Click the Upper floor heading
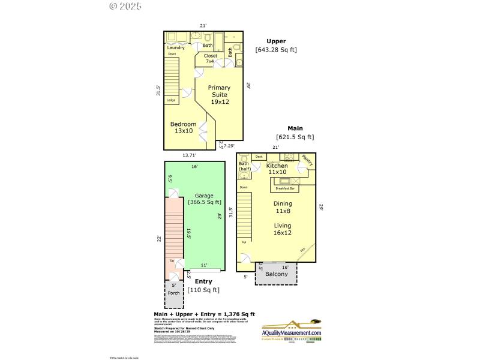click(276, 41)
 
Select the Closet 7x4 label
click(211, 58)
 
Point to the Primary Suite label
click(219, 95)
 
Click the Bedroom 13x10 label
click(183, 127)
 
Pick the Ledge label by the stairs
click(171, 100)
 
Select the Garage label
click(204, 199)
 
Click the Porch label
click(173, 293)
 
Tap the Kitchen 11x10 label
click(278, 169)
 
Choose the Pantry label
click(307, 160)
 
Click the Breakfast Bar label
click(285, 188)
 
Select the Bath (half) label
click(244, 166)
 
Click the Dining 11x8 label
click(282, 207)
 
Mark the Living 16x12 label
click(282, 229)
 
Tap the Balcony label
click(277, 274)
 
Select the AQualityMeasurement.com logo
click(292, 330)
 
